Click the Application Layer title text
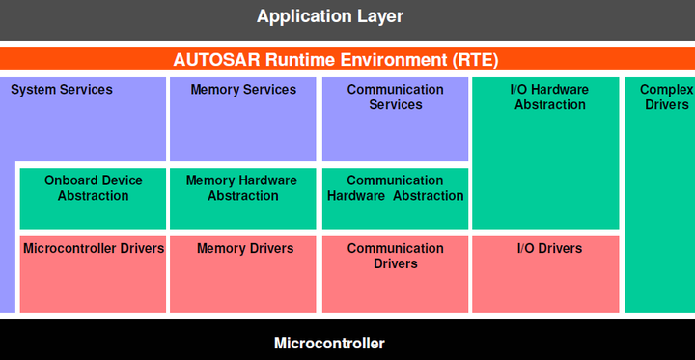click(x=330, y=16)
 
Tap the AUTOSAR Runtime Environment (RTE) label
click(x=336, y=59)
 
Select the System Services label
click(x=62, y=90)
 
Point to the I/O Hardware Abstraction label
click(x=549, y=97)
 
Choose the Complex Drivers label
click(x=667, y=97)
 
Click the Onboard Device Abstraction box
click(x=94, y=198)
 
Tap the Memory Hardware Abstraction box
click(x=243, y=198)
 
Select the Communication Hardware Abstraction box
click(x=395, y=198)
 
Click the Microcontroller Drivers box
click(x=94, y=274)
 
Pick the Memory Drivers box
click(x=243, y=274)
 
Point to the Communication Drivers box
click(x=395, y=274)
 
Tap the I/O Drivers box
click(x=549, y=274)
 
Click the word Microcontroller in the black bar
click(x=329, y=343)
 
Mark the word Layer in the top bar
click(x=378, y=16)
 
